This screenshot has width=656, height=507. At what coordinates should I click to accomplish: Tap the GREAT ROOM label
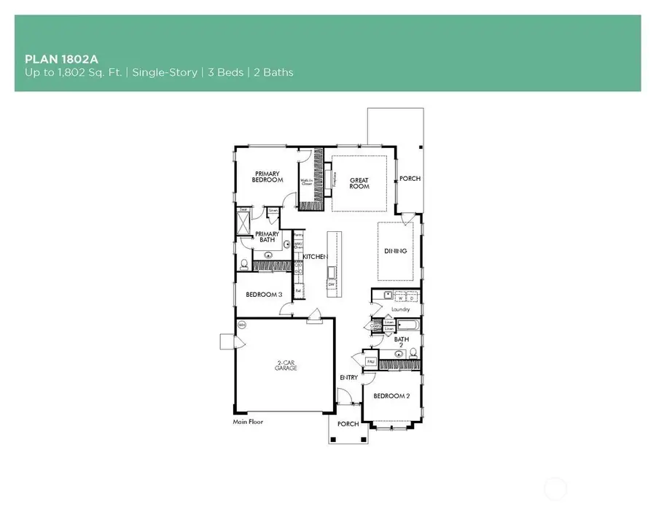359,183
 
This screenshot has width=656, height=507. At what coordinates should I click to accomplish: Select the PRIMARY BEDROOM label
268,177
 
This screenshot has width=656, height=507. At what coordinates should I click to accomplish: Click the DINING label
395,252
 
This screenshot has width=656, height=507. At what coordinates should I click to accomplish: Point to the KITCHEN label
315,257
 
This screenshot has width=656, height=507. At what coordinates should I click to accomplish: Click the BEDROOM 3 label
263,295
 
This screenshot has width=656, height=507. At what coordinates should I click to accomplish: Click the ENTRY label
348,377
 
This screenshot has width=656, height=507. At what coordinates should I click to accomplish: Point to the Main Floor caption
248,422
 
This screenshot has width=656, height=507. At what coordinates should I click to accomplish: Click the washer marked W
400,298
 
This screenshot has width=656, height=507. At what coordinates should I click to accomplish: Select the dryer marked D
412,298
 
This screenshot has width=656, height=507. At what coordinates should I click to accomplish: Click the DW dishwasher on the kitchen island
332,284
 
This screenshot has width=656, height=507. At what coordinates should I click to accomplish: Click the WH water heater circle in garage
241,324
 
